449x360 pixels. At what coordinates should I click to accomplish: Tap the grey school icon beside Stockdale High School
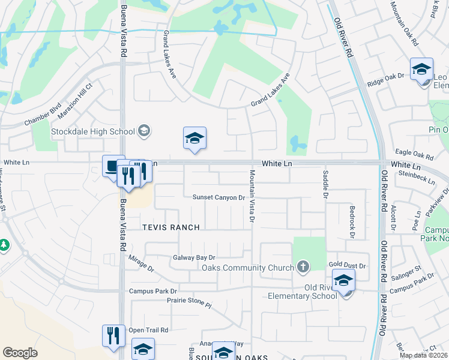point(143,130)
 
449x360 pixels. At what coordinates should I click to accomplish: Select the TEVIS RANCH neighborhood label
point(170,227)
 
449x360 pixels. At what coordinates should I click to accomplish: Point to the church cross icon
point(304,266)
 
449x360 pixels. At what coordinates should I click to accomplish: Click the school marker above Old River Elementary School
point(344,281)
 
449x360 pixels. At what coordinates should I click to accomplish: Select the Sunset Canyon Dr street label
point(219,197)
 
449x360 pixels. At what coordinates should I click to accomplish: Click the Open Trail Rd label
point(148,330)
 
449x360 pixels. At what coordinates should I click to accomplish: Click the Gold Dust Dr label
point(347,265)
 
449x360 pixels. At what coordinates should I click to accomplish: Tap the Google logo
point(20,353)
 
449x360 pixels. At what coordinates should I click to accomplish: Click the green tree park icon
point(4,245)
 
